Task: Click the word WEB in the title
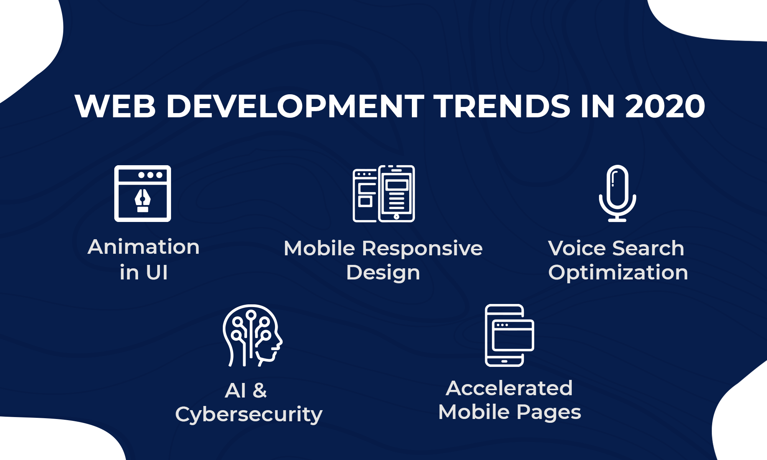point(115,106)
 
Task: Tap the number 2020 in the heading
point(665,106)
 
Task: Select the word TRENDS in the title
point(502,106)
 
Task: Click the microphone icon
point(617,193)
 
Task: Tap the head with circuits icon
point(252,335)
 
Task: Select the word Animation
point(143,247)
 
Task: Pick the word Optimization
point(618,273)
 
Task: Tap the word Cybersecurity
point(249,415)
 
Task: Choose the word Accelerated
point(509,388)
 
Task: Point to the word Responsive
point(422,249)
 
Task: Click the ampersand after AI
point(260,391)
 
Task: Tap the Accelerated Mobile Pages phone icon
point(509,335)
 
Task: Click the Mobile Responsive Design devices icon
point(383,194)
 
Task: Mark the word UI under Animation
point(157,273)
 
